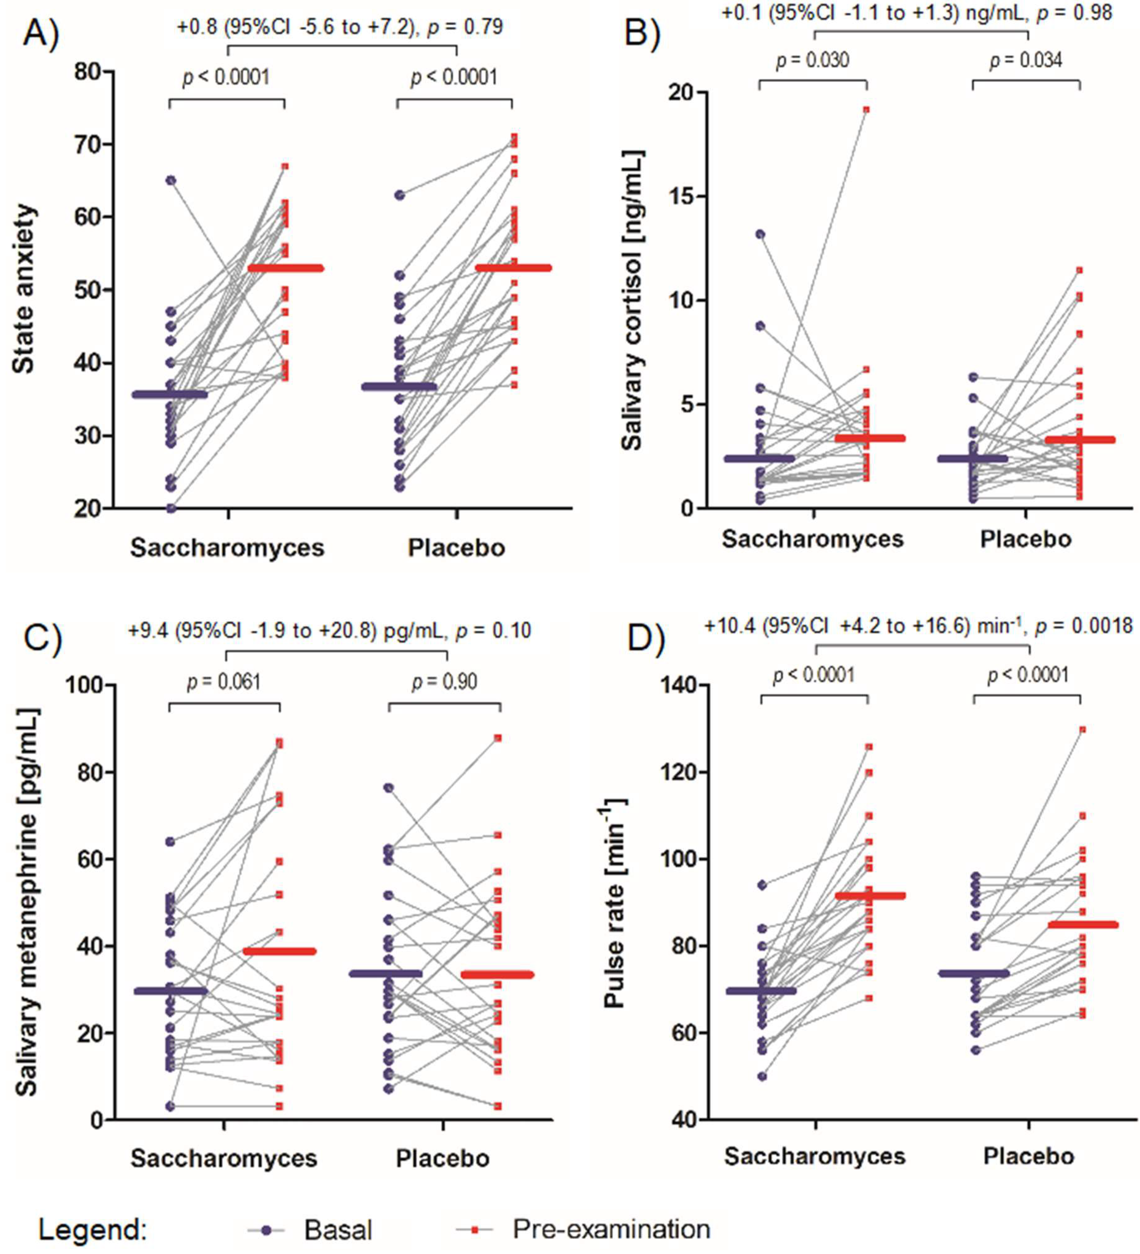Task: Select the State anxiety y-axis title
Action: (x=23, y=289)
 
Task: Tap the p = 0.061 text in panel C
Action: (x=224, y=683)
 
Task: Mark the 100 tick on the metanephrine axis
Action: (x=86, y=685)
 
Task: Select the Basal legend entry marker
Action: (x=266, y=1230)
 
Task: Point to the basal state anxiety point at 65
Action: (x=170, y=180)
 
